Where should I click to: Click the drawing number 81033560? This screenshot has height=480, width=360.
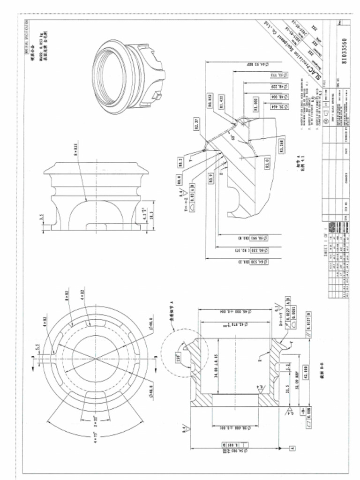345,50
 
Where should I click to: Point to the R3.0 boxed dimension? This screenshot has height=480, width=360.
267,165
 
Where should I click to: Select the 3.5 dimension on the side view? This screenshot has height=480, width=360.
42,217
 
